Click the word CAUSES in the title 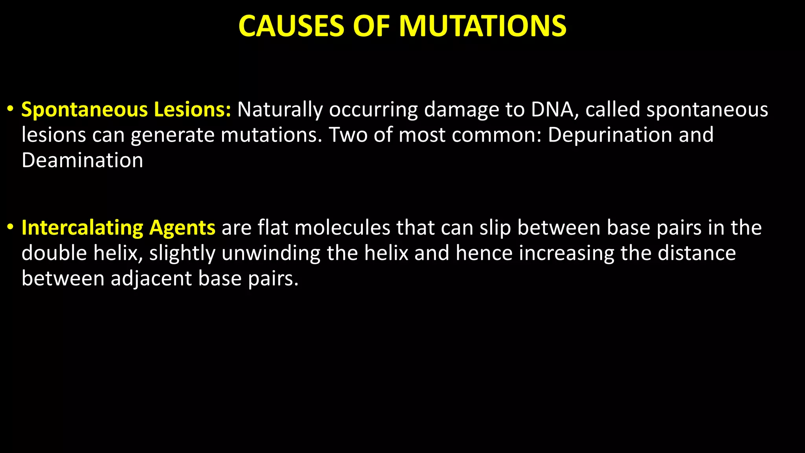coord(291,26)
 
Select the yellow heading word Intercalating coord(82,228)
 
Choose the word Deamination coord(82,160)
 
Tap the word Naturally coord(280,109)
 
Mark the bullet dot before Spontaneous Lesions coord(11,109)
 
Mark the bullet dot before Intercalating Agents coord(11,227)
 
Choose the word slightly coord(182,253)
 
